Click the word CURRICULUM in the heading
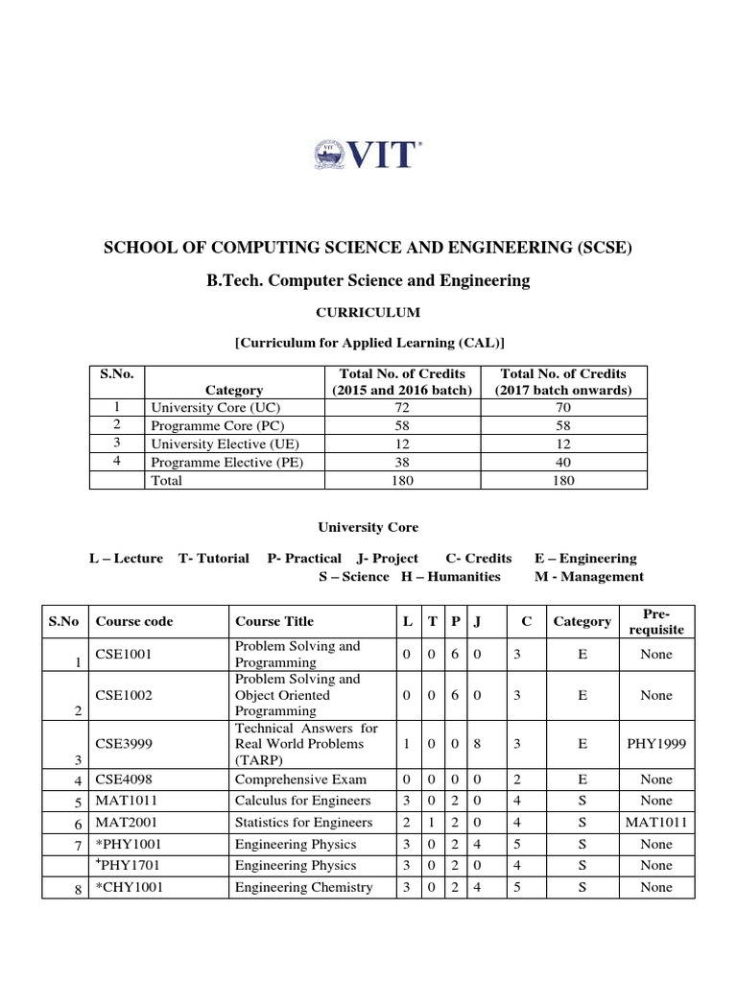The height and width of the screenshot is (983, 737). [x=368, y=312]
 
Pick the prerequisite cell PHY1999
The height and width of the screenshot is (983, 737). [x=656, y=744]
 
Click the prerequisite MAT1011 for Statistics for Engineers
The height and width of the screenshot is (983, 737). [x=656, y=823]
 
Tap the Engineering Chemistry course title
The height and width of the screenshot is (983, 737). [x=303, y=887]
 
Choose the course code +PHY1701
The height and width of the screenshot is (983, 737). [x=130, y=866]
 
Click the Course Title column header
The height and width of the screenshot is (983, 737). [x=273, y=621]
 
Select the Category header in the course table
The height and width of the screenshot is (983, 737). [x=582, y=621]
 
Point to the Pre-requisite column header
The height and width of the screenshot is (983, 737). [x=656, y=621]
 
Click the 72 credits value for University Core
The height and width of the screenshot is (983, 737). [x=402, y=407]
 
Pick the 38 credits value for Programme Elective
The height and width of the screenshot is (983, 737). [x=402, y=463]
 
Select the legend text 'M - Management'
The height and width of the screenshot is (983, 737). [x=588, y=577]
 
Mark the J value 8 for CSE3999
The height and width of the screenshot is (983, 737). [x=478, y=744]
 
